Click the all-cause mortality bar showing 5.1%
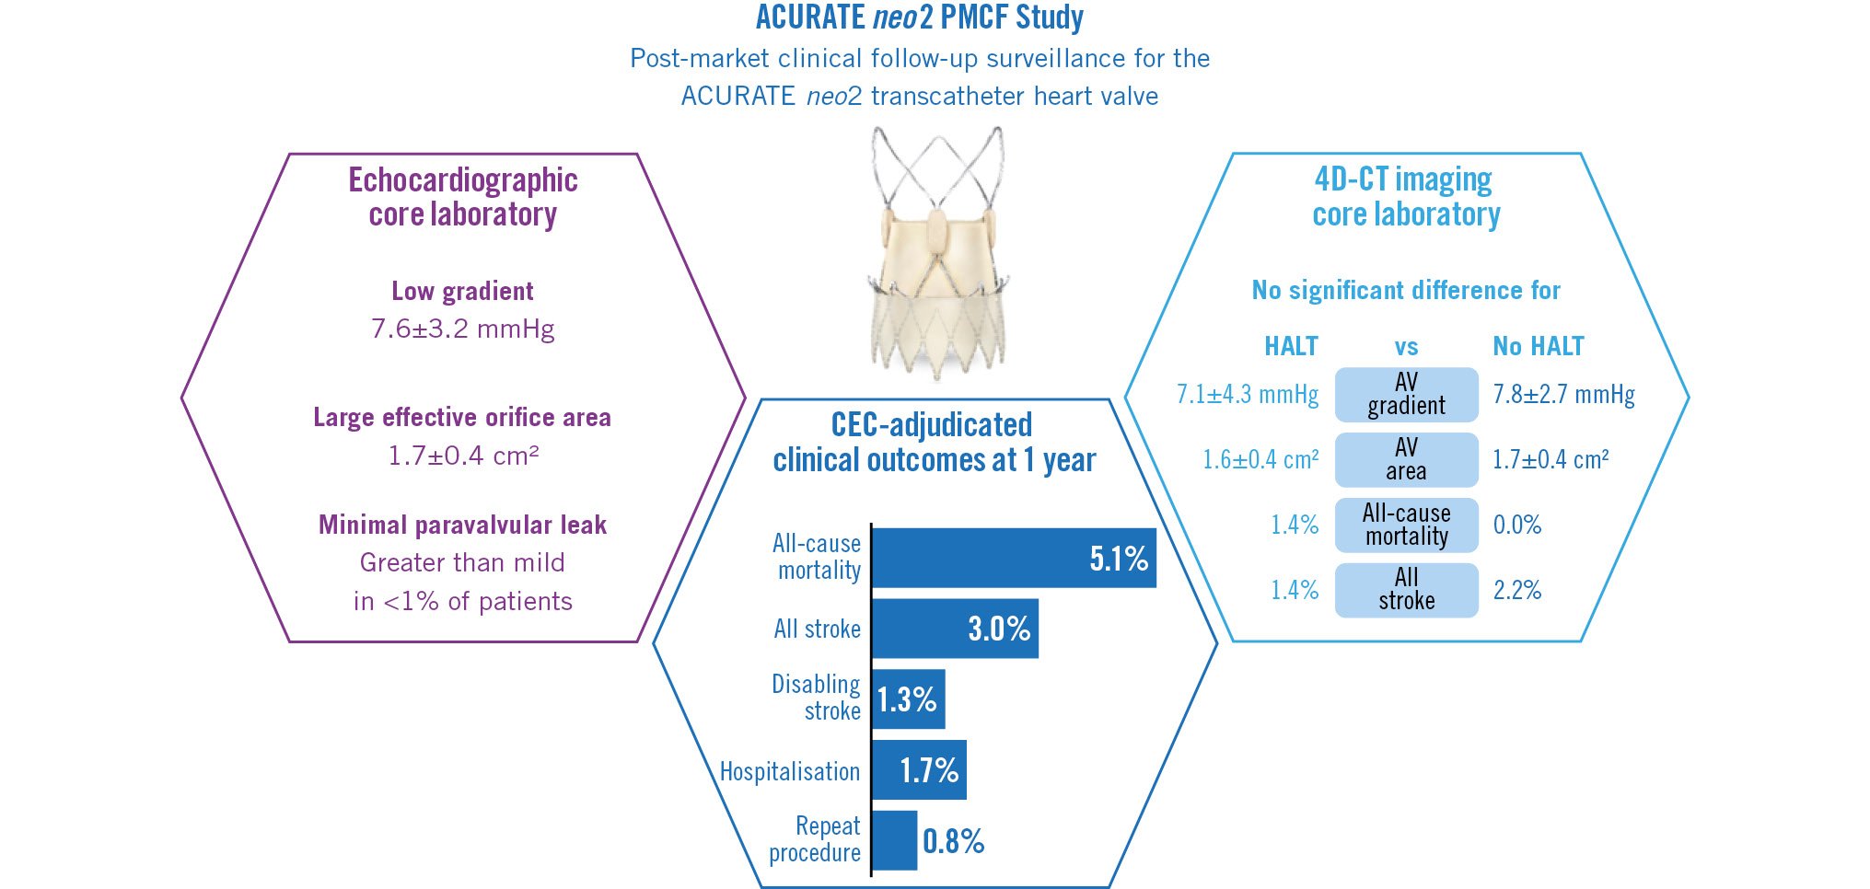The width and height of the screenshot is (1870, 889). coord(1013,558)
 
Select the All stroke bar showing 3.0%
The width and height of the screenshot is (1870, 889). coord(955,629)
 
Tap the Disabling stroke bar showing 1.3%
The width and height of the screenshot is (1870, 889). coord(908,699)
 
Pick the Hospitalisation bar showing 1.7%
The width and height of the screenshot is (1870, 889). coord(919,769)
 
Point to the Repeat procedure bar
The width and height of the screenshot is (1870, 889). coord(894,840)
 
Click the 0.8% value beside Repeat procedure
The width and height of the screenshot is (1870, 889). coord(954,841)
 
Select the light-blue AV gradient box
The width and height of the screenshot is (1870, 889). coord(1406,394)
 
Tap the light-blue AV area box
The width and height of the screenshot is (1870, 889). coord(1406,459)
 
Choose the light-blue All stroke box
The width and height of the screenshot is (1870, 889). coord(1406,589)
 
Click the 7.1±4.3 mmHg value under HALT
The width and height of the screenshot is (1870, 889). coord(1247,395)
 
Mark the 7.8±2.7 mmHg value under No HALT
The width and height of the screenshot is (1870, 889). coord(1563,395)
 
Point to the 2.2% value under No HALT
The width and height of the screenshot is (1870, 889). coord(1516,590)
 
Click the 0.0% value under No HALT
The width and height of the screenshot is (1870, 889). coord(1516,525)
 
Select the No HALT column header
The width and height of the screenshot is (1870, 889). coord(1538,346)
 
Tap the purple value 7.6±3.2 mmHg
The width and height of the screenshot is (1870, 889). coord(462,329)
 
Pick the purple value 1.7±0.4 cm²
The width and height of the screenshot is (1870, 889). coord(462,456)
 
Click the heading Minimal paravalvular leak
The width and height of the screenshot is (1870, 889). coord(462,525)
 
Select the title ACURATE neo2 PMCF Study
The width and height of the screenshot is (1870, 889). coord(919,17)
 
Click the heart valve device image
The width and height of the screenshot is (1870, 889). coord(937,253)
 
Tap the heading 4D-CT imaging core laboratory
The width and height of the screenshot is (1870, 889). coord(1405,196)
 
